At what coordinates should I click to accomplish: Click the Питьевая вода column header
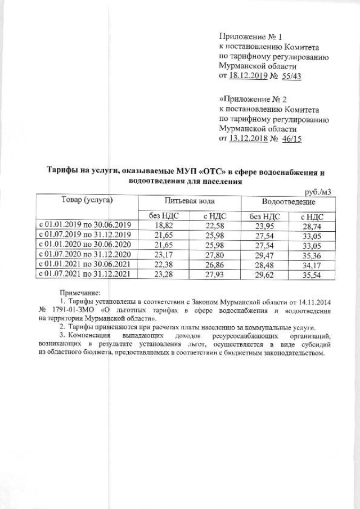[190, 201]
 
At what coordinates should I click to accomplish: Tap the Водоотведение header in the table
[288, 201]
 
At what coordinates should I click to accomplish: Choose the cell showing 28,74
[310, 225]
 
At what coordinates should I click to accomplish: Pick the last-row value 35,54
[310, 274]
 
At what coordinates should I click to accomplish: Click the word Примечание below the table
[79, 292]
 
